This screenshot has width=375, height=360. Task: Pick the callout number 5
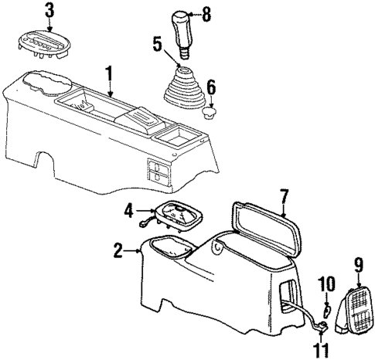pyautogui.click(x=157, y=44)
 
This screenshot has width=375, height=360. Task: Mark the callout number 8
pyautogui.click(x=205, y=13)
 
